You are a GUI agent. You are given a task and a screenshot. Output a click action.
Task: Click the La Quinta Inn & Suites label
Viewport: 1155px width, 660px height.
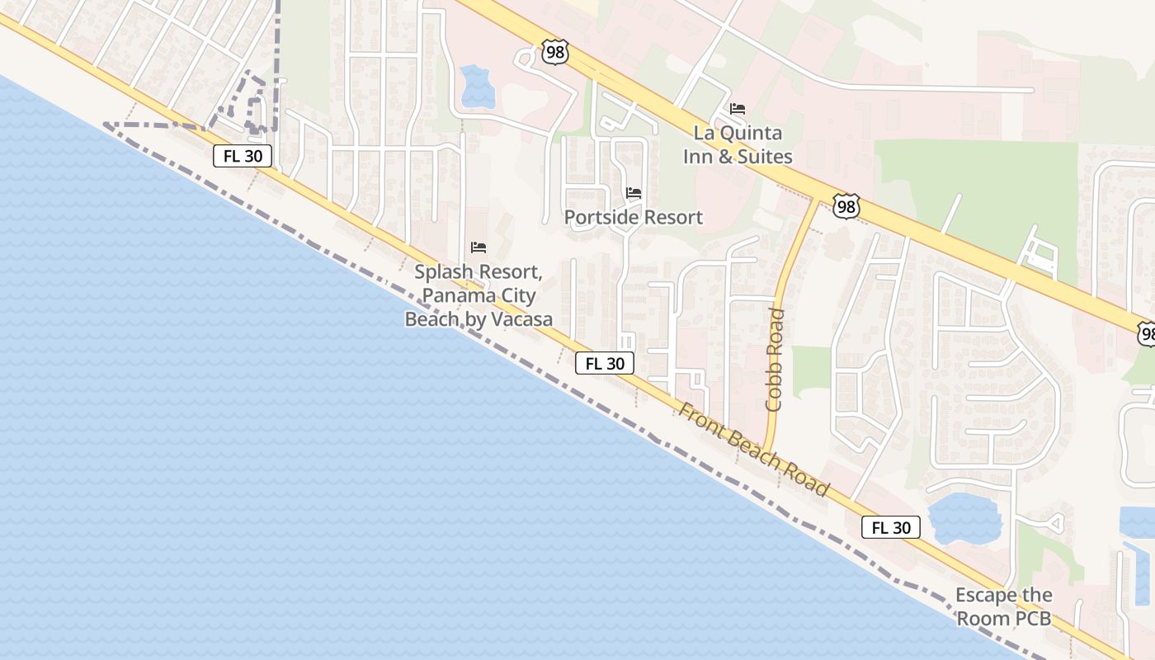[738, 144]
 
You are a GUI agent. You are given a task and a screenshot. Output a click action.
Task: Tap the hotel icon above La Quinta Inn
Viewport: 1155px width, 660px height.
[738, 108]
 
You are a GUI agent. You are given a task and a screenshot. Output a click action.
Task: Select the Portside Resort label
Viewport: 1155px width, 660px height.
[634, 217]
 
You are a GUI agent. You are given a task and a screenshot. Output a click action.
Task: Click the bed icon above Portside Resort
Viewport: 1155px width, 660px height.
[634, 193]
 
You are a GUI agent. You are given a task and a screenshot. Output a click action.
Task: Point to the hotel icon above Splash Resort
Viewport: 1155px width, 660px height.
[478, 247]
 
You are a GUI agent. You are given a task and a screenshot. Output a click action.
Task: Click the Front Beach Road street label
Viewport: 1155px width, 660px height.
[754, 450]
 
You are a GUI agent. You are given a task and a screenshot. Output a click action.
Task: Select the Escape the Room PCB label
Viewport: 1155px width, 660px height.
[1003, 606]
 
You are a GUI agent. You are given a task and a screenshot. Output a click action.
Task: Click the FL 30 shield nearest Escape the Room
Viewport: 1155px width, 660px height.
[891, 527]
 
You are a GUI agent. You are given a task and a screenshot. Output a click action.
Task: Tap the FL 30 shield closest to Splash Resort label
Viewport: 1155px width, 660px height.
[605, 363]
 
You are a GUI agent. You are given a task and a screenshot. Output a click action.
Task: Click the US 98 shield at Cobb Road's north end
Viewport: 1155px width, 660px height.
[846, 205]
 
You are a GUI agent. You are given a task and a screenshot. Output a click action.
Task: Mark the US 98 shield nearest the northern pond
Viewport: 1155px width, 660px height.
[555, 52]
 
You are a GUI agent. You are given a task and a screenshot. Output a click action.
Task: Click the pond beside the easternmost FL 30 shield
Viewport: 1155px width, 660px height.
[964, 517]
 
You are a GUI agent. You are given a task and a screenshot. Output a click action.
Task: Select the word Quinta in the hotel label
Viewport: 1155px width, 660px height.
[749, 133]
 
